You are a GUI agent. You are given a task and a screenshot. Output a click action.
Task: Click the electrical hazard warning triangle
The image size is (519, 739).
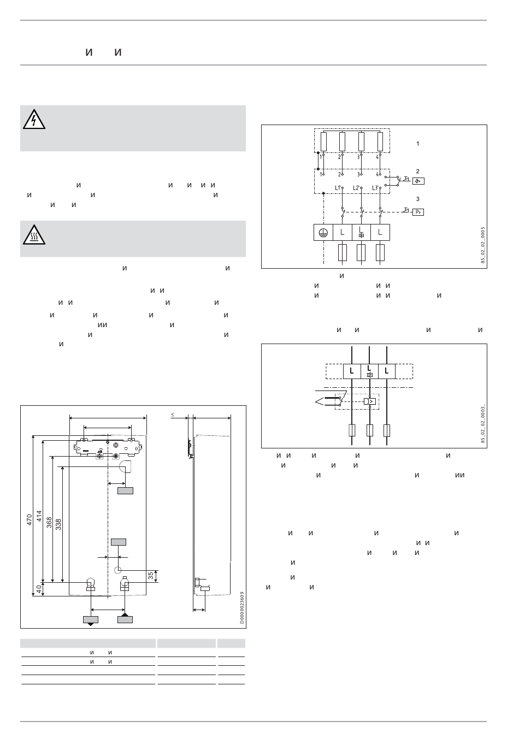[34, 120]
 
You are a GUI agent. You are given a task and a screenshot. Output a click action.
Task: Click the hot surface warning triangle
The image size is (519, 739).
[34, 235]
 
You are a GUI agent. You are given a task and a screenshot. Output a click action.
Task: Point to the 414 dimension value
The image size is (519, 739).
[39, 517]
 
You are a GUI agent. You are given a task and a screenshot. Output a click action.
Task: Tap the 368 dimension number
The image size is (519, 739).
[49, 523]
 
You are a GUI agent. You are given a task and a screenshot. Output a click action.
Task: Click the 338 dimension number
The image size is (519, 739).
[59, 525]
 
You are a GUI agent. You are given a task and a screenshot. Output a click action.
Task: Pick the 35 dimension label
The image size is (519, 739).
[151, 575]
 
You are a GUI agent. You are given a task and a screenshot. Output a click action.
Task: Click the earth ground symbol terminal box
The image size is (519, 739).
[324, 233]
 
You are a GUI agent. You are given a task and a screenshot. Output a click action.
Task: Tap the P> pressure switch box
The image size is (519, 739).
[418, 212]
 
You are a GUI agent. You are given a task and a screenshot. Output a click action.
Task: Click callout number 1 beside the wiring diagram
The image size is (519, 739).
[418, 144]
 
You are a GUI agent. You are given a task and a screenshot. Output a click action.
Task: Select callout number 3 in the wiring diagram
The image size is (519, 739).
[418, 199]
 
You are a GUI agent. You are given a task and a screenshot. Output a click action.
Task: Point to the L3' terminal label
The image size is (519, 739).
[375, 188]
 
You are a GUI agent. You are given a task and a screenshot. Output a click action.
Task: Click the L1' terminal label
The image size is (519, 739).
[338, 188]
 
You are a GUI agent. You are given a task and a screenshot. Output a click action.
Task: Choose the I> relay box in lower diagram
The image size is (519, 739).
[370, 401]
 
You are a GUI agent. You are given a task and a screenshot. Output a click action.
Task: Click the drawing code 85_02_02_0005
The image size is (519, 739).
[483, 246]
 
